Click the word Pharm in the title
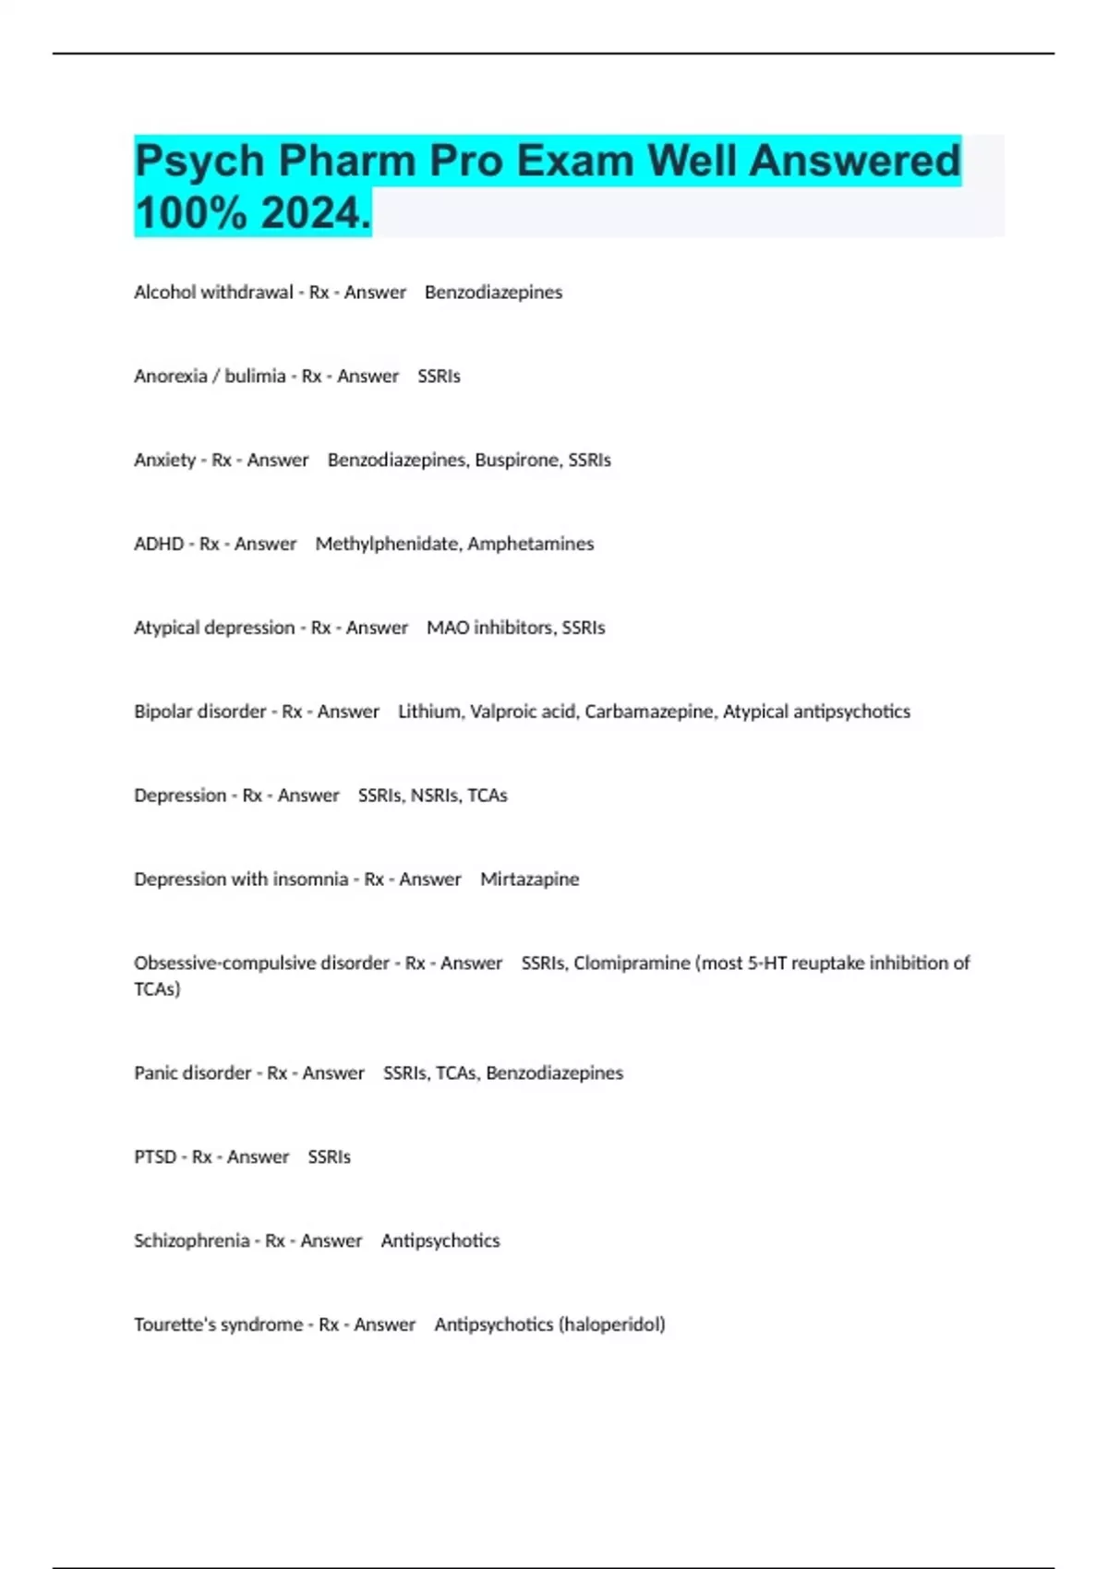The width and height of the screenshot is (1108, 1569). (x=347, y=162)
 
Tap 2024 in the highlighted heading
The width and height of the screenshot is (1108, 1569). (x=314, y=214)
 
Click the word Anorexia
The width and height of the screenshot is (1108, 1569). (x=171, y=377)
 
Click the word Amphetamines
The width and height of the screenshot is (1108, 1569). (x=531, y=545)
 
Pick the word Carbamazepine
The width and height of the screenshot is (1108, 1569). (x=650, y=712)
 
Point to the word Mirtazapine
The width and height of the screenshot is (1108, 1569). (x=530, y=880)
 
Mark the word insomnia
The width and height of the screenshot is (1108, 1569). (x=310, y=880)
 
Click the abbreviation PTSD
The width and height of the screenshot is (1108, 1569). (x=155, y=1157)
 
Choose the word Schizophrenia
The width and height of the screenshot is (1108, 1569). (x=192, y=1241)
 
